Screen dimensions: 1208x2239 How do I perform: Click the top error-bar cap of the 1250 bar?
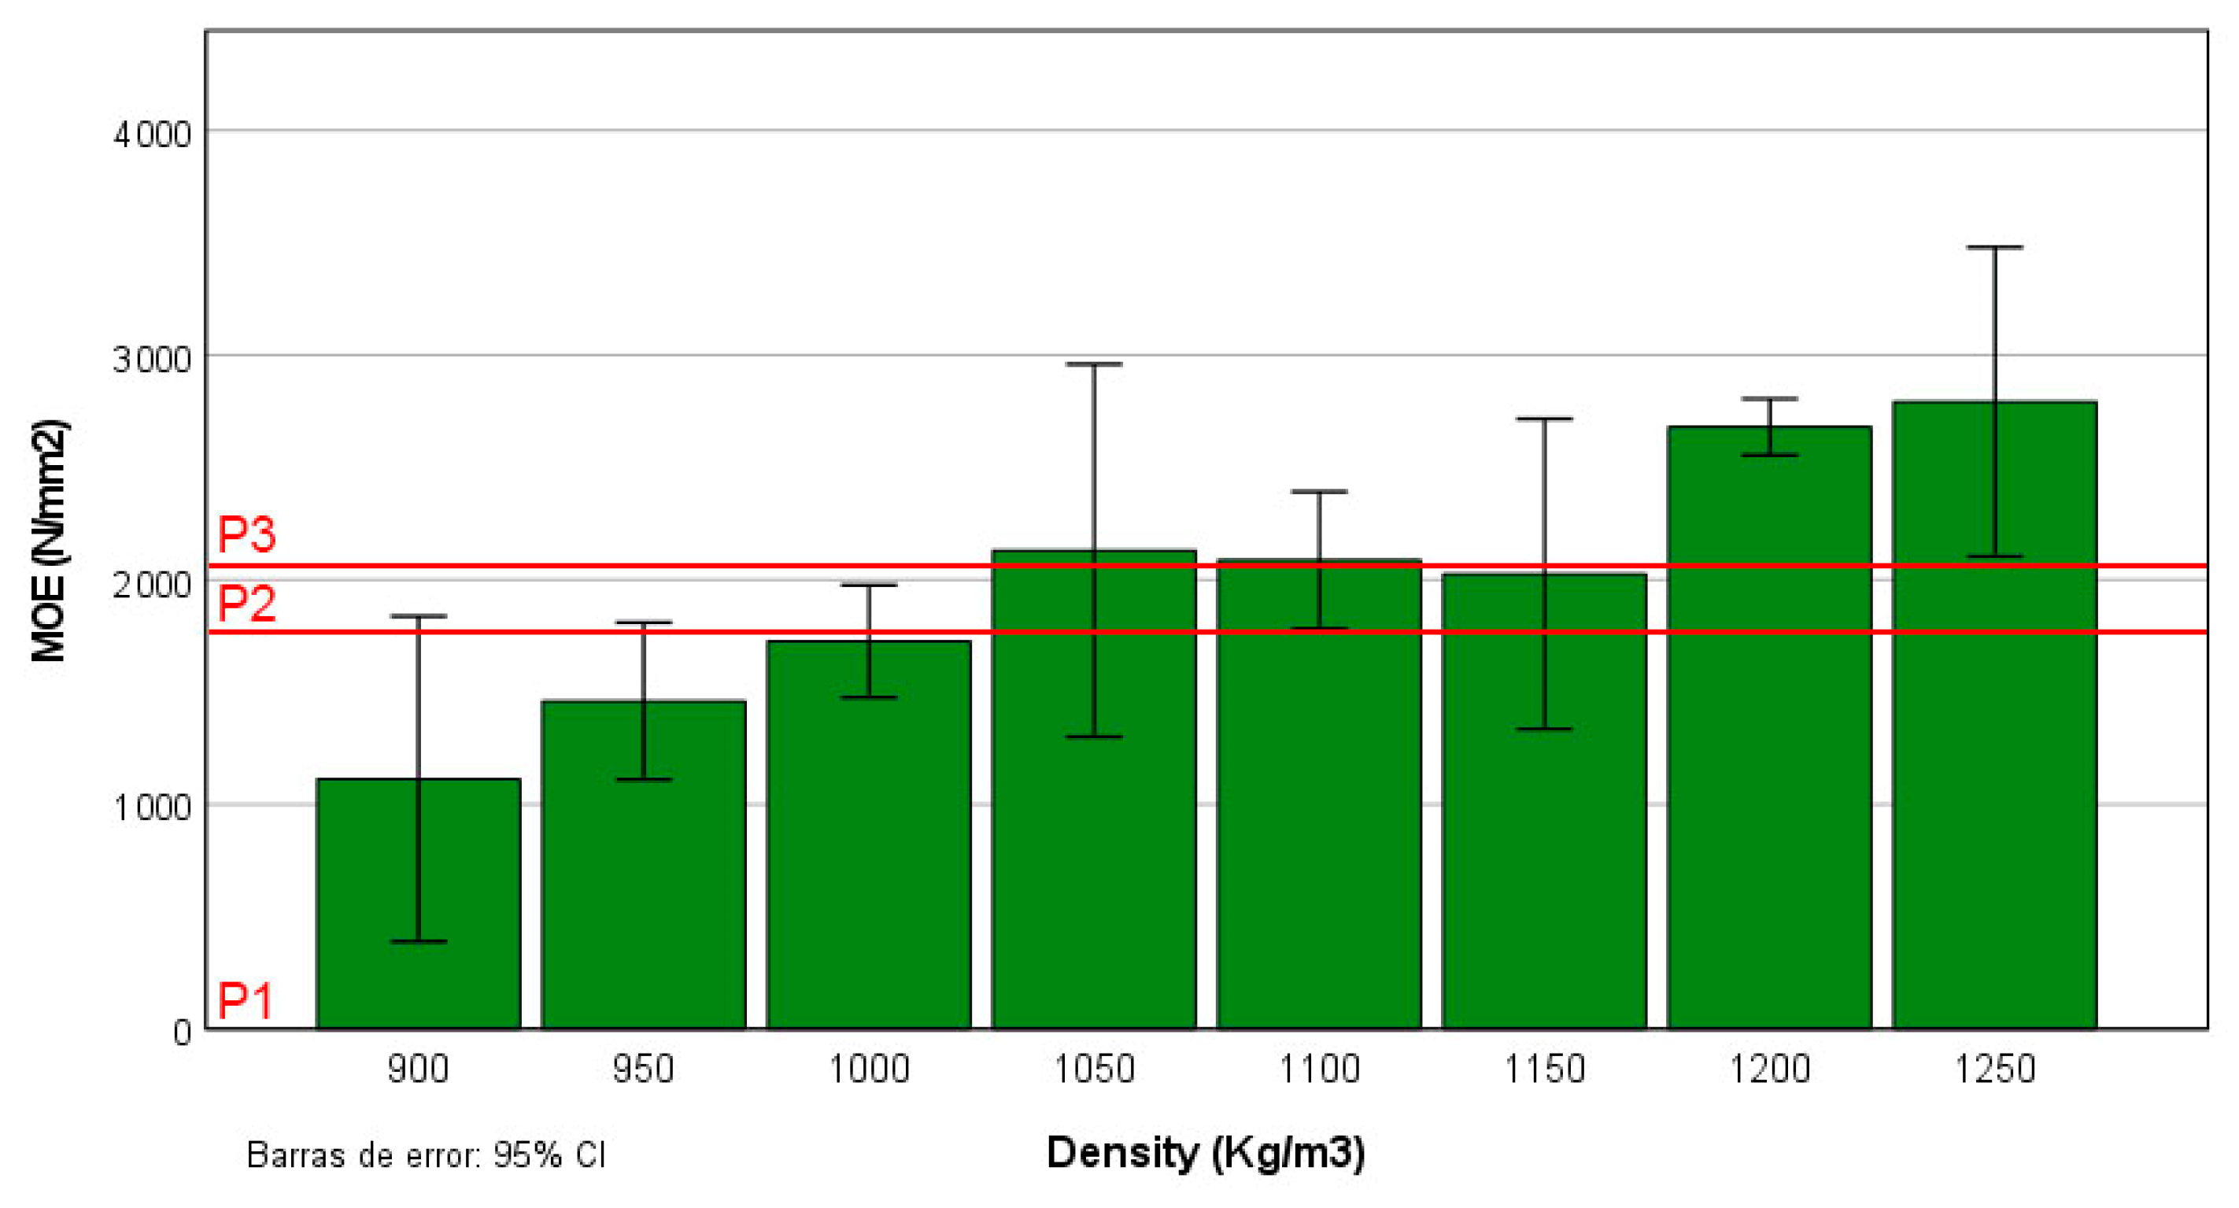[1995, 248]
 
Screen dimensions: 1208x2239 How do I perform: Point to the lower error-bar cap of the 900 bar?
[418, 941]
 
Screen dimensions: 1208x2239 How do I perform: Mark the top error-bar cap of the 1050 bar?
[1093, 364]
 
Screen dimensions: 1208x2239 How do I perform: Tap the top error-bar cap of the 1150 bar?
[1545, 419]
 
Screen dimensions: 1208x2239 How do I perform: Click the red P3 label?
[246, 534]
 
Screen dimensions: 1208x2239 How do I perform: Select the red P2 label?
[246, 602]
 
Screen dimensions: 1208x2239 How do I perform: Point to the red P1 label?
[245, 1000]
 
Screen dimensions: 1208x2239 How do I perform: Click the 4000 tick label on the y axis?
[152, 135]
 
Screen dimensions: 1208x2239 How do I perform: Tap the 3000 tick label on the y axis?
[152, 358]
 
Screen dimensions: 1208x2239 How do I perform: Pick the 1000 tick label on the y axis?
[152, 807]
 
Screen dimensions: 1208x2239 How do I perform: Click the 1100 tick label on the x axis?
[1320, 1069]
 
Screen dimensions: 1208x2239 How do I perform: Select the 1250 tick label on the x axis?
[1995, 1069]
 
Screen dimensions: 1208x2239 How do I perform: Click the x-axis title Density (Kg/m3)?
[1206, 1153]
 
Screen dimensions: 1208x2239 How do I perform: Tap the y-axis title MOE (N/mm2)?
[49, 541]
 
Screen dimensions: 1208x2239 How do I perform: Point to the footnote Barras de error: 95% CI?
[426, 1155]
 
